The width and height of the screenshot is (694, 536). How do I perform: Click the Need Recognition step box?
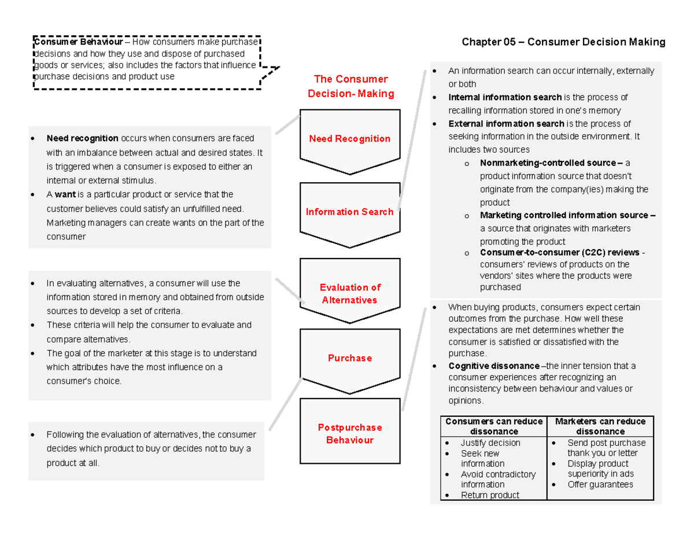tap(349, 139)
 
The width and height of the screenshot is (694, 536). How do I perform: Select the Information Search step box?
tap(349, 212)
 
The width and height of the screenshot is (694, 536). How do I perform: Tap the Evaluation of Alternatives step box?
tap(349, 294)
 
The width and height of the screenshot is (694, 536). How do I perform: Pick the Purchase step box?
tap(349, 358)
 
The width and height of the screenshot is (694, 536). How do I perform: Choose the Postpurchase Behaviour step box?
tap(349, 434)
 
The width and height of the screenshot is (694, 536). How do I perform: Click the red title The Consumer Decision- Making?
tap(350, 86)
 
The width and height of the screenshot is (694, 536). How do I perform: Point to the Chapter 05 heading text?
tap(563, 42)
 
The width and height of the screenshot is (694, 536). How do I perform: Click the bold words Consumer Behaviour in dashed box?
tap(78, 42)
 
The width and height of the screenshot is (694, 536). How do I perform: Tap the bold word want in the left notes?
tap(65, 195)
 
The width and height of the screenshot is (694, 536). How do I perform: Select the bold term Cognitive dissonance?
tap(493, 366)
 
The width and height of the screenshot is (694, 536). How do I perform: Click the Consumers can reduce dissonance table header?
tap(493, 426)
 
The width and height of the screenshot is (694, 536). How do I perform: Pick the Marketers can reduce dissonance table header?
tap(600, 426)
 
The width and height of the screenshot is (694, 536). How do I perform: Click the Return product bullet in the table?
tap(489, 495)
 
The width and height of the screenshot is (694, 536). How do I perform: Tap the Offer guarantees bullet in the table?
tap(600, 485)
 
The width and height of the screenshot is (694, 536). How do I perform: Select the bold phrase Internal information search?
tap(504, 97)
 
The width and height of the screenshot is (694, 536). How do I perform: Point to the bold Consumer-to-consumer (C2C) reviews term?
tap(559, 253)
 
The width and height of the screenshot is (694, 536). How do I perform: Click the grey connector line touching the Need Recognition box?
tap(287, 124)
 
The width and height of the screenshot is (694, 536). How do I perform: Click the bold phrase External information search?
tap(505, 124)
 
